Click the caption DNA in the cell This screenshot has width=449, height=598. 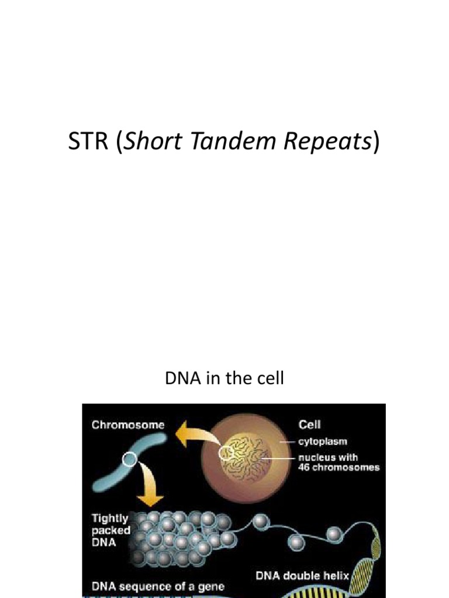tap(224, 378)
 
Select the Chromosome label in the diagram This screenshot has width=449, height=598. tap(128, 425)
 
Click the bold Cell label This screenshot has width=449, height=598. tap(309, 425)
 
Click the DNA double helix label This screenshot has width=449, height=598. tap(302, 575)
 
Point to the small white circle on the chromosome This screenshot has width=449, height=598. tap(129, 460)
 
